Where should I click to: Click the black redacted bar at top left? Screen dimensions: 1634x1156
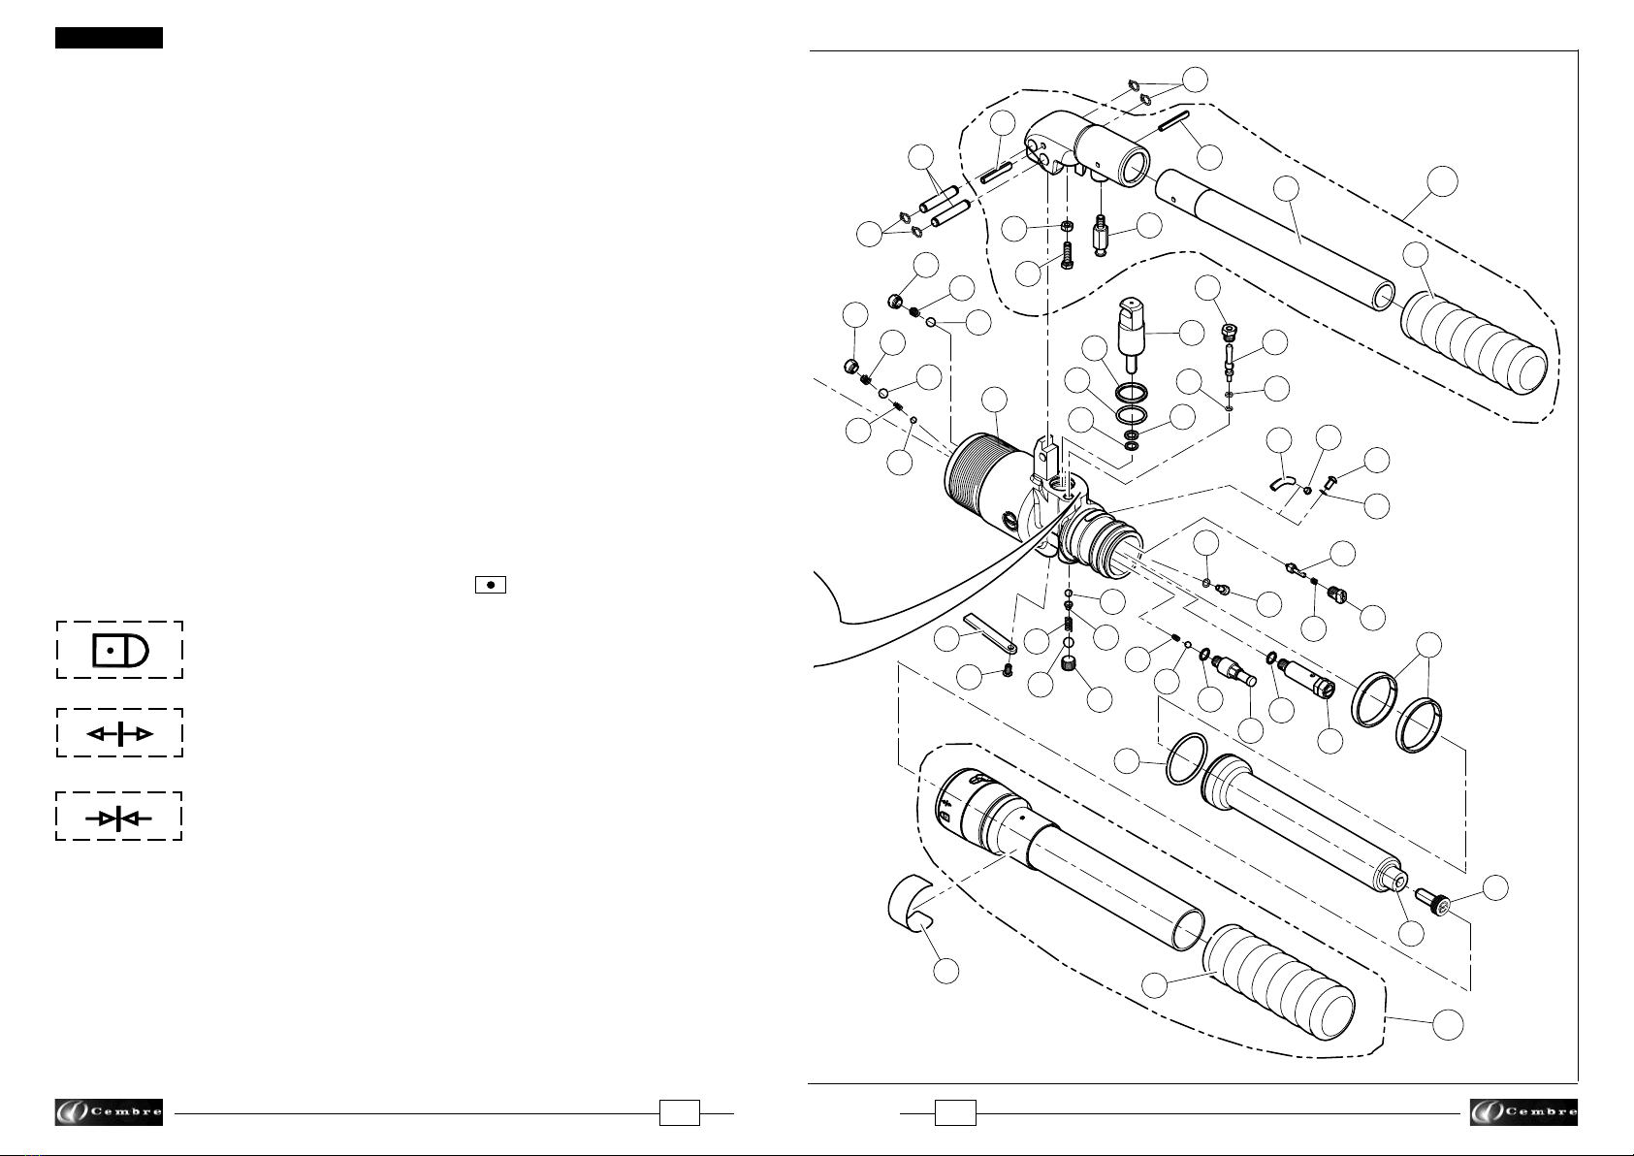click(x=109, y=38)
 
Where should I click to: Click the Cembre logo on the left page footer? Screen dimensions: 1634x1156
click(x=109, y=1112)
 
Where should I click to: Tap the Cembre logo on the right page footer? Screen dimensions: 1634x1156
click(x=1523, y=1112)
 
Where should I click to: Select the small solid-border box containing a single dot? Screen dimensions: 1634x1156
click(x=491, y=585)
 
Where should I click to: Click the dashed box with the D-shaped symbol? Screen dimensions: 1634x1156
click(x=119, y=650)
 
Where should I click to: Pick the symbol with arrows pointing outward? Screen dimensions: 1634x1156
click(x=119, y=733)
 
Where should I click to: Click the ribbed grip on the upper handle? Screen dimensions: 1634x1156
click(x=1474, y=342)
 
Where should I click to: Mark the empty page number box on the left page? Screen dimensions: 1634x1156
click(x=679, y=1112)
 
